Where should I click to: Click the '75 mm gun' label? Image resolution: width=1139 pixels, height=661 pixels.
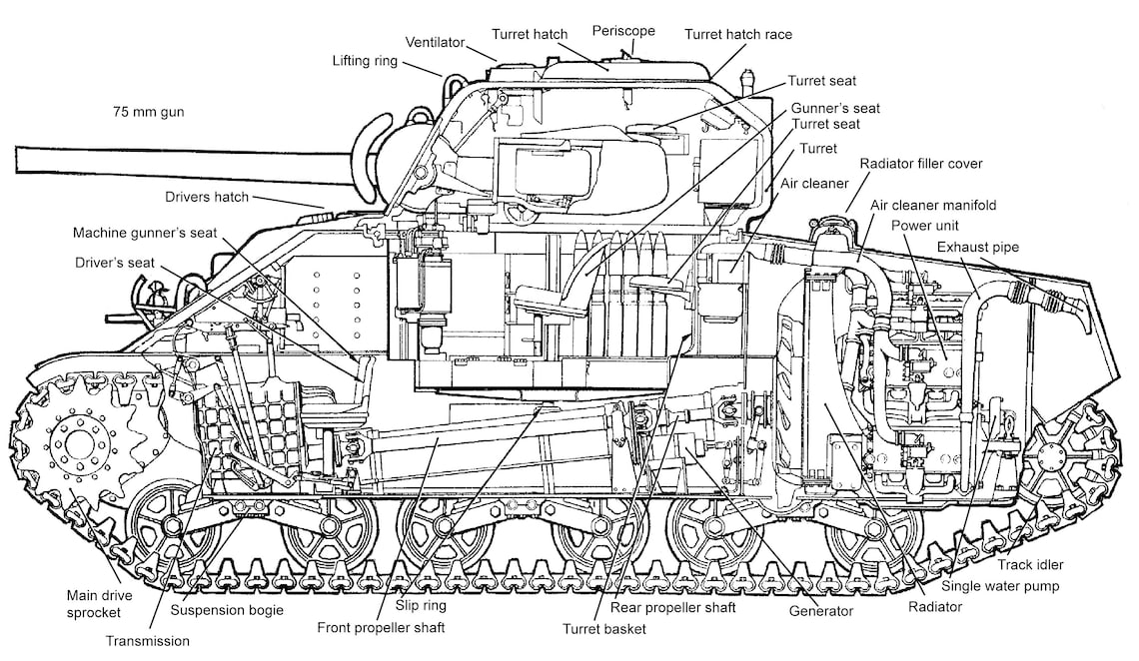click(148, 112)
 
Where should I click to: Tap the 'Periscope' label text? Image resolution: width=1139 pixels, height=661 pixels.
click(623, 31)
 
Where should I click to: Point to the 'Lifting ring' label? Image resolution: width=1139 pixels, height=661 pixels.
click(365, 61)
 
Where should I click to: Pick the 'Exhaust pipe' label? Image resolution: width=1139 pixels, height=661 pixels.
click(978, 246)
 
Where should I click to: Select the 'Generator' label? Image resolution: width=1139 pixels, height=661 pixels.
click(821, 611)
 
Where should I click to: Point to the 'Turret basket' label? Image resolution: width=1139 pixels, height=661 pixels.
click(603, 629)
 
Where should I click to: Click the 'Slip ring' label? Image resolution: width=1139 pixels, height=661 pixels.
click(421, 605)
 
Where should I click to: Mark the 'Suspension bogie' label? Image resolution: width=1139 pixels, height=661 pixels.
click(227, 609)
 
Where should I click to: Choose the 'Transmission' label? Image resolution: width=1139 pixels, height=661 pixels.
click(147, 641)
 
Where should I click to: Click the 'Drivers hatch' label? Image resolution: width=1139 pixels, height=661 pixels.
click(208, 197)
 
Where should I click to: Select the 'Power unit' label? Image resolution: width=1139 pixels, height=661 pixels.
click(925, 225)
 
